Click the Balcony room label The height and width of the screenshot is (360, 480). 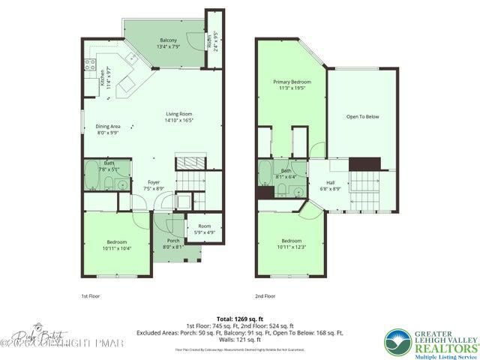168,40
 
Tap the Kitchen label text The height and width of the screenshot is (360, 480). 103,78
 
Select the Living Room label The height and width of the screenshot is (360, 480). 179,115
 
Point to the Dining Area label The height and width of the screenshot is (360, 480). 109,127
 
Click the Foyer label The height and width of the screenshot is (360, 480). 154,182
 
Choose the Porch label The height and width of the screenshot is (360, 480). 173,241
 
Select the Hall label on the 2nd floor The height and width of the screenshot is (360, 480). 330,183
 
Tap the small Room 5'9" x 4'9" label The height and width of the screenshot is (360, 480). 204,228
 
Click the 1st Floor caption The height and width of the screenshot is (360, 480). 89,296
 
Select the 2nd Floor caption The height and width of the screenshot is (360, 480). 264,296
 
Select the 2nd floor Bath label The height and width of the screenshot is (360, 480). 286,171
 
